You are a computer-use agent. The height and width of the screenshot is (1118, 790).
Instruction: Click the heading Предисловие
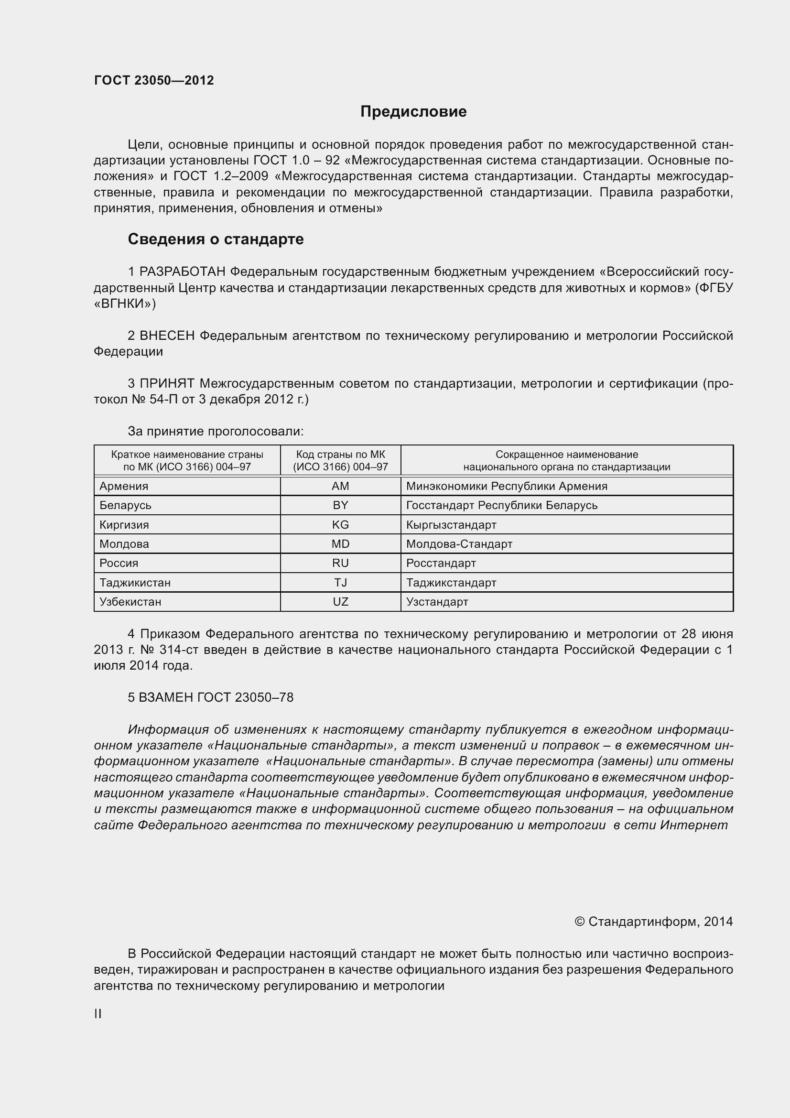click(x=413, y=111)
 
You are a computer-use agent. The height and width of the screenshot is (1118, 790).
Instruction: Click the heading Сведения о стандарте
click(x=216, y=239)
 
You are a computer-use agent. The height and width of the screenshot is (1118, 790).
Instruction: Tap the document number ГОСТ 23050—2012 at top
click(x=154, y=80)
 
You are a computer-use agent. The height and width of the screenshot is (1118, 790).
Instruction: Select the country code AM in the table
click(x=340, y=486)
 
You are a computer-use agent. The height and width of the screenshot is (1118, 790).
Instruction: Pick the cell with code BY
click(x=340, y=505)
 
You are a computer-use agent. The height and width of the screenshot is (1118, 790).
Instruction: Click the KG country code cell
click(x=340, y=524)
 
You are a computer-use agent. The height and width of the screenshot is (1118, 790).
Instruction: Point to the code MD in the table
click(x=340, y=544)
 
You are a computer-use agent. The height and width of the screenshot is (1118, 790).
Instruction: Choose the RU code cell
click(x=340, y=563)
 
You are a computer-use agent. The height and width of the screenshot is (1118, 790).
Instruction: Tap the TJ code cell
click(x=340, y=582)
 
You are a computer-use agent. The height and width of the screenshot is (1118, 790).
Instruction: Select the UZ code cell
click(x=340, y=601)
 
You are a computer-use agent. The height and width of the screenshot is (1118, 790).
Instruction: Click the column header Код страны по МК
click(x=340, y=460)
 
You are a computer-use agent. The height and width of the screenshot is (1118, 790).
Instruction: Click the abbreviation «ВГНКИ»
click(x=125, y=304)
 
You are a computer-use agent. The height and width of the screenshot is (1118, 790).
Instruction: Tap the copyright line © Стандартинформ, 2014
click(x=653, y=921)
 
